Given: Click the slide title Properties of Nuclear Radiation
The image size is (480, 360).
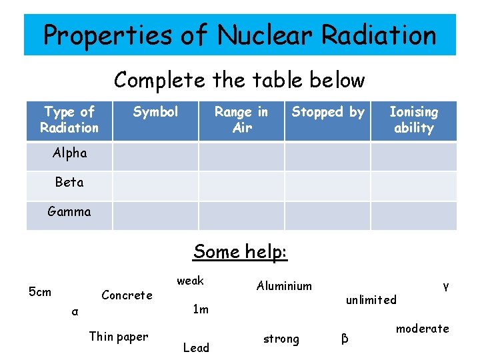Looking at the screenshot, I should pos(240,35).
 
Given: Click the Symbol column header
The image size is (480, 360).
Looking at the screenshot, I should pos(155,112).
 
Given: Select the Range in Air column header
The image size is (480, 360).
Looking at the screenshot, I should pos(241,120).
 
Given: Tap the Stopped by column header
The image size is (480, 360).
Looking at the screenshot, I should pos(328,112).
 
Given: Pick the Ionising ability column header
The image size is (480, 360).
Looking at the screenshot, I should pos(413,120).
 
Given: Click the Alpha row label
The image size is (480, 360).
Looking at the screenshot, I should pos(70,153).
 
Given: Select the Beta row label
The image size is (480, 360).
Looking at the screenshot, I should pos(69,182).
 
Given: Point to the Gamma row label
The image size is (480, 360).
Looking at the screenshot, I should pos(69,212).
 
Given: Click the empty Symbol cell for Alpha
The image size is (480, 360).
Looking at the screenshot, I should pos(155,156).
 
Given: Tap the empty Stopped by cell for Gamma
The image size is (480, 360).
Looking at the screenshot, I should pos(327,215).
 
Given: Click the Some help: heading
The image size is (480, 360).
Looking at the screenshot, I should pos(240,252).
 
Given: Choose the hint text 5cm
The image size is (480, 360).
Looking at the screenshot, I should pos(40,291).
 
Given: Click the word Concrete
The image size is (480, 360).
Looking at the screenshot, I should pos(127,295).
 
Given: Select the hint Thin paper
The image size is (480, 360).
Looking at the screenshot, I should pos(119,337).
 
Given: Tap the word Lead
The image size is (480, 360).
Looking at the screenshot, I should pos(196,347).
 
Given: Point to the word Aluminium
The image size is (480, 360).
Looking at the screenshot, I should pos(284,286).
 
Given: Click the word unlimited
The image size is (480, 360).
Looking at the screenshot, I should pos(371,300).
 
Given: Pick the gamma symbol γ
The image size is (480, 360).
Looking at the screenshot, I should pos(445,286).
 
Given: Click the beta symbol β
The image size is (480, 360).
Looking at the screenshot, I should pos(345,339).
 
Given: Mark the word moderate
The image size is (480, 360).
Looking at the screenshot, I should pos(423,329).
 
